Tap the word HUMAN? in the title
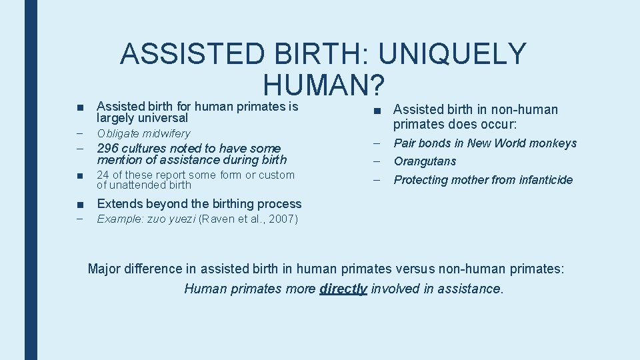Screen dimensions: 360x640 pos(324,85)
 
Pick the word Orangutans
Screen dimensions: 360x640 pos(425,161)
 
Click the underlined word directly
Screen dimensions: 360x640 pos(343,289)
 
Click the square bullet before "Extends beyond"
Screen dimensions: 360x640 pos(79,204)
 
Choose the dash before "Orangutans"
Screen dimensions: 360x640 pos(377,161)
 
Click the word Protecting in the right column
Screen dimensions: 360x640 pos(423,179)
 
